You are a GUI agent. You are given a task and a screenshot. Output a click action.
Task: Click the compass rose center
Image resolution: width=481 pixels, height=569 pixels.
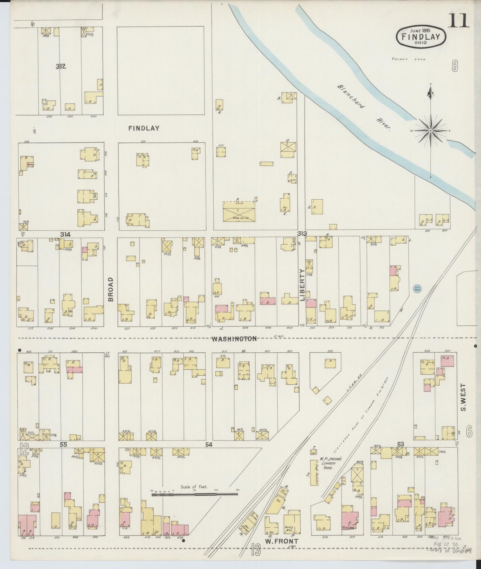coord(431,131)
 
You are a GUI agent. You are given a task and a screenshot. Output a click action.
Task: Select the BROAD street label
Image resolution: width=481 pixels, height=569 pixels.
coord(111,289)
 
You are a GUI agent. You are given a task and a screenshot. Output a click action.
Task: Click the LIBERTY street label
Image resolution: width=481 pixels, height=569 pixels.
coord(302,285)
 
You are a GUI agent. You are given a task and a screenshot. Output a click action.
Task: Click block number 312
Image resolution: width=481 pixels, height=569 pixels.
coord(61,67)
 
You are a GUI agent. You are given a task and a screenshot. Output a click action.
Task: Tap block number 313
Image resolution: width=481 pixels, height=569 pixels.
coord(302,233)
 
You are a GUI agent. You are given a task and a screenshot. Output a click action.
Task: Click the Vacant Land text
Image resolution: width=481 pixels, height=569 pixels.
coord(409,59)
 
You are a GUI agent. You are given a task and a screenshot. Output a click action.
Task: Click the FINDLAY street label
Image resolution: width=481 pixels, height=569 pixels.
coord(144,128)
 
